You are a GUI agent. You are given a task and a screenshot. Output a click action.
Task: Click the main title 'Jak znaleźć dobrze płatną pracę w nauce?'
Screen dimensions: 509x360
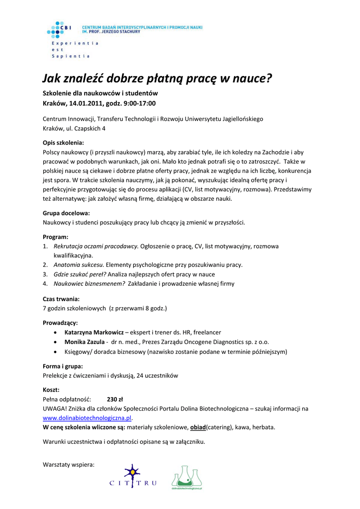click(x=157, y=79)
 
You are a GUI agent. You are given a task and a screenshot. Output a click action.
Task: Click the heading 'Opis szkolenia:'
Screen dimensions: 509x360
click(x=64, y=143)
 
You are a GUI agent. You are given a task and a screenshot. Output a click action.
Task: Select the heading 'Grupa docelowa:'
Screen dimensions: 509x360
click(x=66, y=213)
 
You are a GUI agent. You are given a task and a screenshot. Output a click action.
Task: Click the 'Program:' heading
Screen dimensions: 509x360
click(x=56, y=237)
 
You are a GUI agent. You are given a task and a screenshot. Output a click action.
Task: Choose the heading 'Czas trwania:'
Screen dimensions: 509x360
click(x=61, y=299)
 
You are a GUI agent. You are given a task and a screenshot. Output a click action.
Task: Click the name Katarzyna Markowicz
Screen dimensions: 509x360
click(x=94, y=332)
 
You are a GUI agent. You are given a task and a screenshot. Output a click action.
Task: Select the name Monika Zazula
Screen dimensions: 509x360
click(x=85, y=342)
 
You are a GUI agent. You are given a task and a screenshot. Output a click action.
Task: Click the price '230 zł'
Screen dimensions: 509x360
click(x=115, y=399)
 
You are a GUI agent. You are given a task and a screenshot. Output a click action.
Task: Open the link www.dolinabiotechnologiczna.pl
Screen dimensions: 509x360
click(x=88, y=418)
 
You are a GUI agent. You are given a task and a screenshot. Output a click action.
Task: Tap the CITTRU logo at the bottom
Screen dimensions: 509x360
click(x=133, y=476)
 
